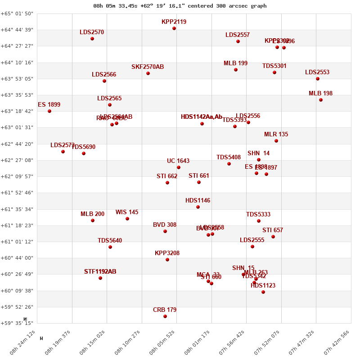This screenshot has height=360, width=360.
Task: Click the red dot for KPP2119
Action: coord(174,28)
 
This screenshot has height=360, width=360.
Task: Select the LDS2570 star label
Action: coord(92,32)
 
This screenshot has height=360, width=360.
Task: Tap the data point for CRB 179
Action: coord(165,316)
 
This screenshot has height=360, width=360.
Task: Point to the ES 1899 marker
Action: coord(49,111)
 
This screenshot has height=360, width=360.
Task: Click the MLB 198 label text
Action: coord(320,94)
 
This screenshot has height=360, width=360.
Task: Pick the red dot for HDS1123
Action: coord(263,292)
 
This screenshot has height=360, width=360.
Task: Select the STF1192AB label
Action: coord(100,272)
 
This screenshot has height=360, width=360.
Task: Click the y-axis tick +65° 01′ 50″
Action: coord(17,13)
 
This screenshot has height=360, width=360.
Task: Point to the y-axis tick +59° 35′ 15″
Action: coord(17,323)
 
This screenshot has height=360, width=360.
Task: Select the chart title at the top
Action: coord(180,6)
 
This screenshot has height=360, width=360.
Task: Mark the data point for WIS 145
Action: coord(127,219)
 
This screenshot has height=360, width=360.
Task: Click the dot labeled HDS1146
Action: coord(198,207)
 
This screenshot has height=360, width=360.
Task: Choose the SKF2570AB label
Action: coord(148,67)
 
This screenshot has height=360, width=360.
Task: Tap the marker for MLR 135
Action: coord(276,141)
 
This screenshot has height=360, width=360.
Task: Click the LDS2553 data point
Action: coord(318,79)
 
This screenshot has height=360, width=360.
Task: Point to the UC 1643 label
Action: coord(178,161)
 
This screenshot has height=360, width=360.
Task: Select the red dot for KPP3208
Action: coord(167,260)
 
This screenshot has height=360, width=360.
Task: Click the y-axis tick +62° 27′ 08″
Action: coord(17,160)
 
